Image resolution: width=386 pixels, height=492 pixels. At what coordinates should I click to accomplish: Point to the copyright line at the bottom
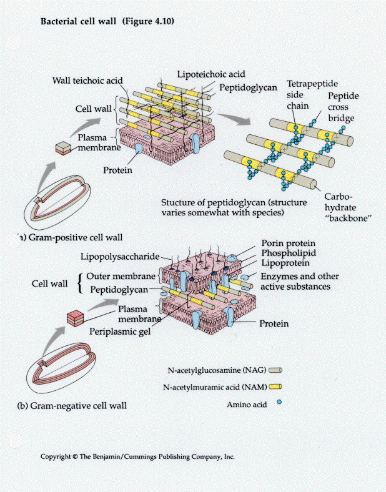(137, 456)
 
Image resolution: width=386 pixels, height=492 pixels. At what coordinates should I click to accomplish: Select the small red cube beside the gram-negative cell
(74, 318)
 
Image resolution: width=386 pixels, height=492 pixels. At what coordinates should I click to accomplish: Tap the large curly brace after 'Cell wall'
(79, 283)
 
